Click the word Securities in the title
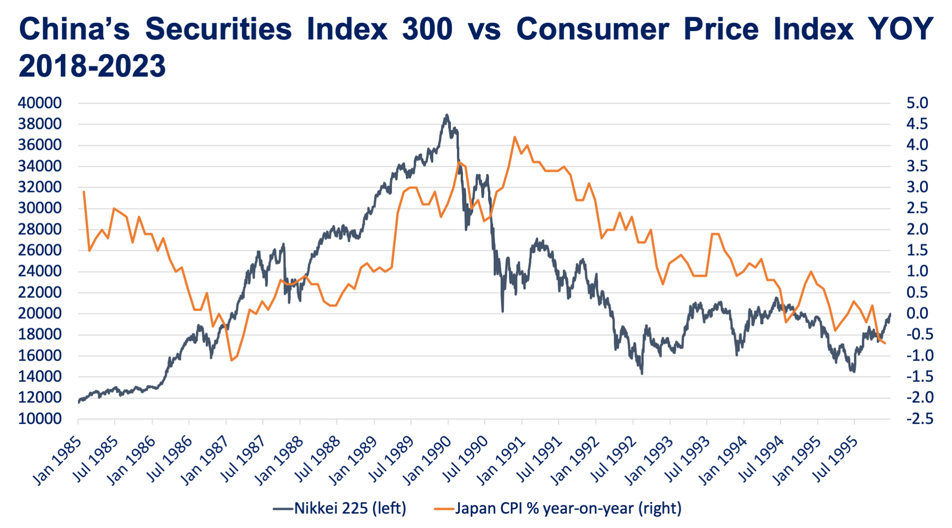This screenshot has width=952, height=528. (x=218, y=29)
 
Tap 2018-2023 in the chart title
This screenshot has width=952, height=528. (x=92, y=66)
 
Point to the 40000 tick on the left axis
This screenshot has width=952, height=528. (x=40, y=103)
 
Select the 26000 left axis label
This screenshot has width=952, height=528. (x=40, y=251)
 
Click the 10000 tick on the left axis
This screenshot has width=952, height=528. (x=40, y=419)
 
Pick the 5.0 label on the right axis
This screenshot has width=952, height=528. (x=917, y=103)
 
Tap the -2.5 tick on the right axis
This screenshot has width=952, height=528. (x=917, y=419)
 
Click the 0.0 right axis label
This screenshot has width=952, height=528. (x=917, y=314)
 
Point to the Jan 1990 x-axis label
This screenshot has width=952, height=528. (x=428, y=460)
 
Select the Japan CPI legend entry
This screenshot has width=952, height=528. (x=558, y=508)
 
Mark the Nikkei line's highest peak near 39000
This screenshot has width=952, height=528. (x=447, y=114)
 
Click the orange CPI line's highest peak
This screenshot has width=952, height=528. (x=515, y=137)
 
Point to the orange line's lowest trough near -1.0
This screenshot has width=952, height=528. (x=231, y=360)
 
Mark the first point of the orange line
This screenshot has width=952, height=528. (x=84, y=191)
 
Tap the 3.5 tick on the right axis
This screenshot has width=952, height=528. (x=917, y=166)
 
